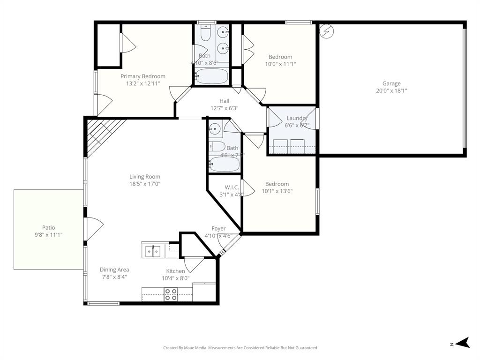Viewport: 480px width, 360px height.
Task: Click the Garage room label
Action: click(x=391, y=83)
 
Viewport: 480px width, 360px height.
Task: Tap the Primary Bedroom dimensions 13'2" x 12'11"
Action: click(x=143, y=83)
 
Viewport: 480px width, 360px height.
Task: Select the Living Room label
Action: click(x=145, y=177)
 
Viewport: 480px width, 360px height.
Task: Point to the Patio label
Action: click(x=49, y=228)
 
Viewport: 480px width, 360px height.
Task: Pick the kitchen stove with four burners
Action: click(x=171, y=294)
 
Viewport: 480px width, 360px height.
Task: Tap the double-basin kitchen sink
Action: click(x=152, y=251)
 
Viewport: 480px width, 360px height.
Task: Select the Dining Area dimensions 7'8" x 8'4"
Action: click(x=114, y=277)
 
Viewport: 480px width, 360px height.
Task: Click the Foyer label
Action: click(x=218, y=229)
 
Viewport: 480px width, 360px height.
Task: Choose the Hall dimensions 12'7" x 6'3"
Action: click(x=224, y=108)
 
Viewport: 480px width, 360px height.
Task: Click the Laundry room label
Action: click(x=296, y=118)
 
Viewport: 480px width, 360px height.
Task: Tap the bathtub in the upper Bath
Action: click(x=211, y=76)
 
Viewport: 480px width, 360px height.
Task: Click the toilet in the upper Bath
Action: click(x=205, y=33)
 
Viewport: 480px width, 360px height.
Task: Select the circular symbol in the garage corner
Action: click(x=325, y=31)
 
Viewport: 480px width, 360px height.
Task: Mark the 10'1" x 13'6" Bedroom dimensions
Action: click(x=277, y=191)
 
